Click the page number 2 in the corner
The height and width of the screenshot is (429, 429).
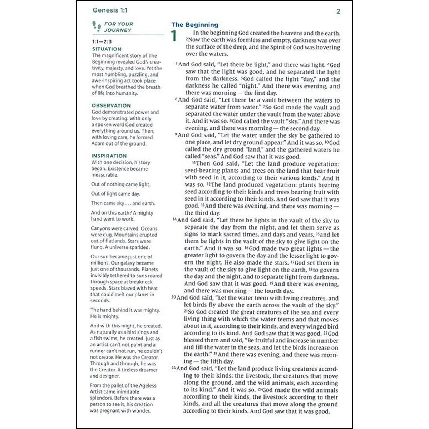[x=338, y=11]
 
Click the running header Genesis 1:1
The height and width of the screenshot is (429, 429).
[x=110, y=10]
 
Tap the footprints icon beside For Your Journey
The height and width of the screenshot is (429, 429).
[x=97, y=26]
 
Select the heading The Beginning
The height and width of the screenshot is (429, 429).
[x=195, y=25]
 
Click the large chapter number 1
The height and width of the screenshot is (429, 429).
[x=174, y=36]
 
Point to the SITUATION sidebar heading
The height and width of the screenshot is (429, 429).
[x=107, y=49]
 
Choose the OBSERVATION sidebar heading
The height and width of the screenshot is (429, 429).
[x=111, y=105]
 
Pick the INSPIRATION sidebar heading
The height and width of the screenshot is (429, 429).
[x=109, y=156]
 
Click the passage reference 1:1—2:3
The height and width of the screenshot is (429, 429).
[x=102, y=41]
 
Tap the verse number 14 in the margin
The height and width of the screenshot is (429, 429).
[x=174, y=220]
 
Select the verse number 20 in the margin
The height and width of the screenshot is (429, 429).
[x=174, y=297]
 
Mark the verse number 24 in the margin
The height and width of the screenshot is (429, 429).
[x=173, y=368]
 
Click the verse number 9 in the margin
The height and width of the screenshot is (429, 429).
[x=176, y=135]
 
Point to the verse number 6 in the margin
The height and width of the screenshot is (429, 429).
[x=176, y=99]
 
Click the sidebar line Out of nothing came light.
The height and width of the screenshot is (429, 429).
[x=120, y=184]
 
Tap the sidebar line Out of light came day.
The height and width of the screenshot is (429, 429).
[x=115, y=194]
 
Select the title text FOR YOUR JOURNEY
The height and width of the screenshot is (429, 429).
[x=118, y=27]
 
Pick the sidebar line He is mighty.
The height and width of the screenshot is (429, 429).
[x=104, y=316]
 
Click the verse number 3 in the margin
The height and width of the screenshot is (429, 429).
[x=177, y=64]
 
